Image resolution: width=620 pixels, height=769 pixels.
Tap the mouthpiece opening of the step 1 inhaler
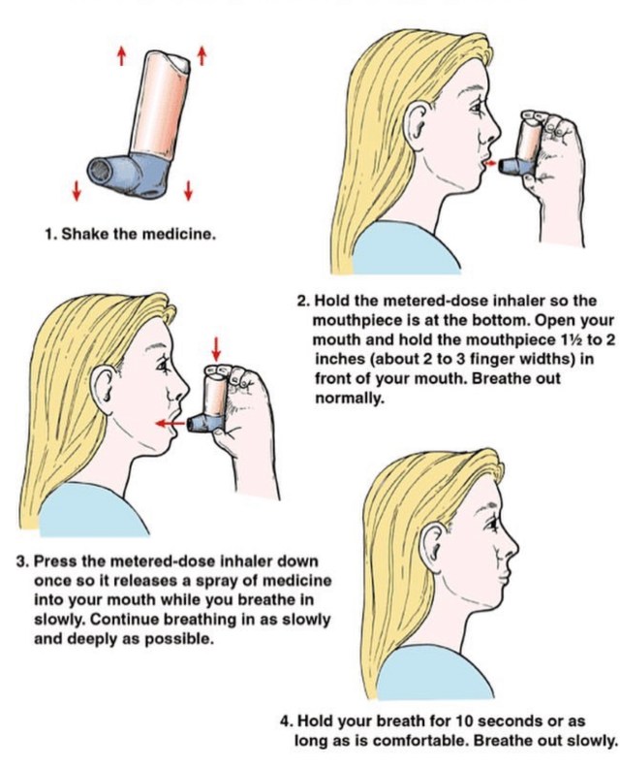(101, 172)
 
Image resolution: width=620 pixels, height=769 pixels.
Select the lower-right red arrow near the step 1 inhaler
(188, 190)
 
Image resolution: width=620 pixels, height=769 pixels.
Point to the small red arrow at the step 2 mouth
(491, 163)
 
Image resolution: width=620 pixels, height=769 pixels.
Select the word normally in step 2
(348, 399)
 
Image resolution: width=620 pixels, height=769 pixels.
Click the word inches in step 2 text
(341, 359)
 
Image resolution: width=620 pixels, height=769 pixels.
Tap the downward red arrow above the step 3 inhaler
(215, 348)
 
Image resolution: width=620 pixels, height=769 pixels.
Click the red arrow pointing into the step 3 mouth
(170, 423)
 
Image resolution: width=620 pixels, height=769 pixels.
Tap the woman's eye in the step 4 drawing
(490, 527)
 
